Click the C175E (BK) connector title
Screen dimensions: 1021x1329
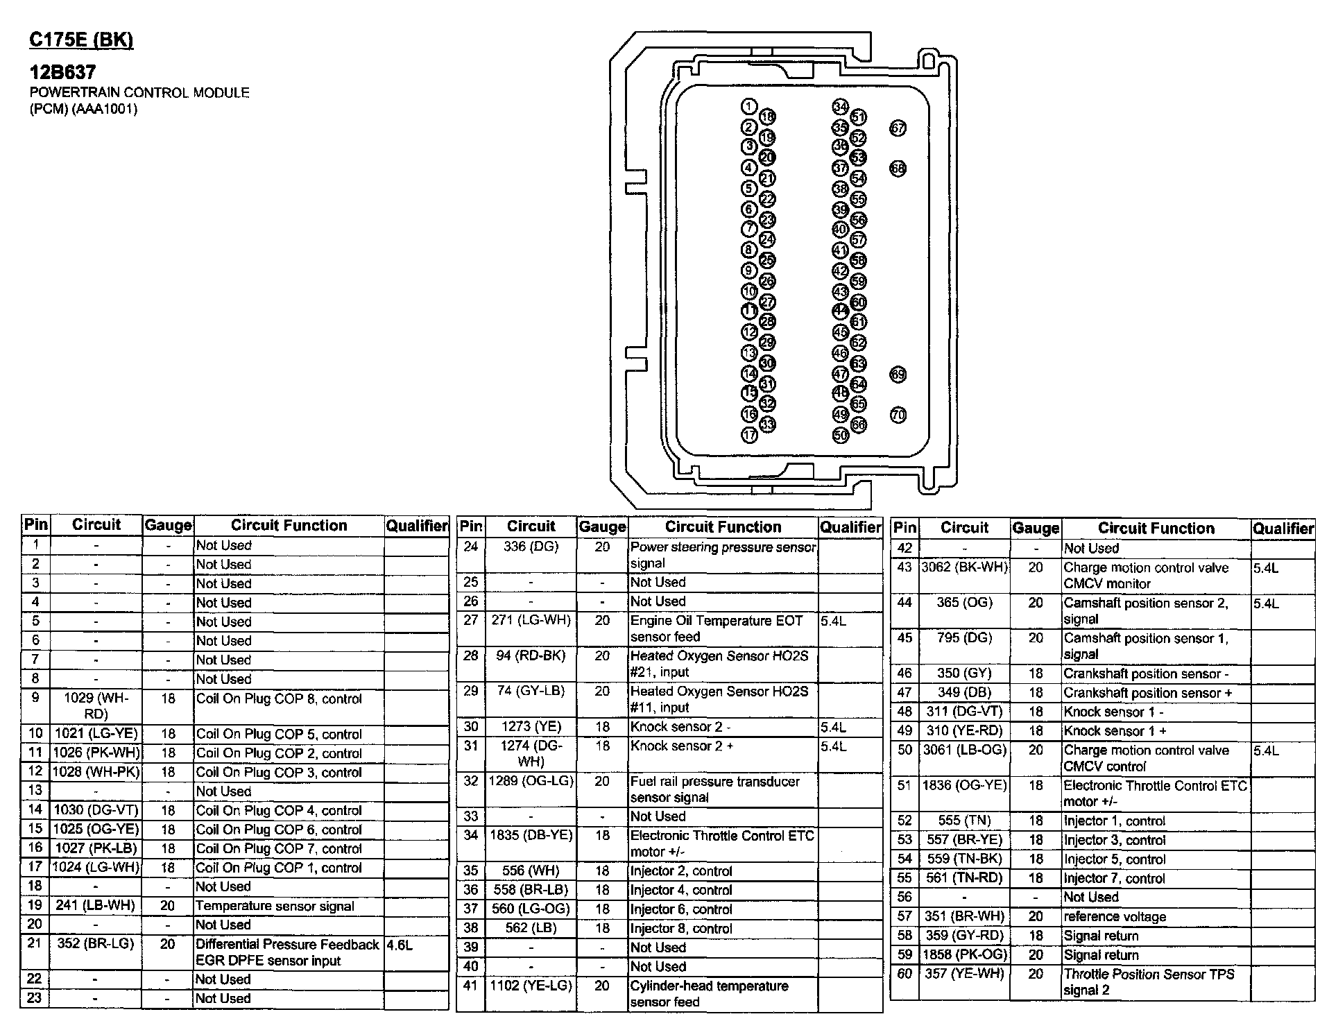(81, 40)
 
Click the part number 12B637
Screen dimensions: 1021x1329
(62, 72)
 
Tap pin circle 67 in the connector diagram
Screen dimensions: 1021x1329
(898, 128)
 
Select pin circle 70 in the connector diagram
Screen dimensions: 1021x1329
(898, 415)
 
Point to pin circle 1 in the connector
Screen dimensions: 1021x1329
(748, 107)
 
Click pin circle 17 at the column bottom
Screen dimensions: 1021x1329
(749, 435)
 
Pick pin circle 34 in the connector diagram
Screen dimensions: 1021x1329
(840, 107)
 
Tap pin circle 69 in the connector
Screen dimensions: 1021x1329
(898, 375)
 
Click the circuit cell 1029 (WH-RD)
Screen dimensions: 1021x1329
(96, 706)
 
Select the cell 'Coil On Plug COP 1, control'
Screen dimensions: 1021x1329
(279, 868)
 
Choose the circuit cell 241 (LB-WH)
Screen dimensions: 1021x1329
(96, 906)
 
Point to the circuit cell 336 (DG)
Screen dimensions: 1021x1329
(531, 547)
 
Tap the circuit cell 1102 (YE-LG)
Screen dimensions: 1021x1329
(531, 986)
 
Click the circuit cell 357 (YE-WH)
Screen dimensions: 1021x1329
(964, 974)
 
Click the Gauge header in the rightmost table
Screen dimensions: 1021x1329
(1035, 529)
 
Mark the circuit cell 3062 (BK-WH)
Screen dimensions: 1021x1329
(964, 567)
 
